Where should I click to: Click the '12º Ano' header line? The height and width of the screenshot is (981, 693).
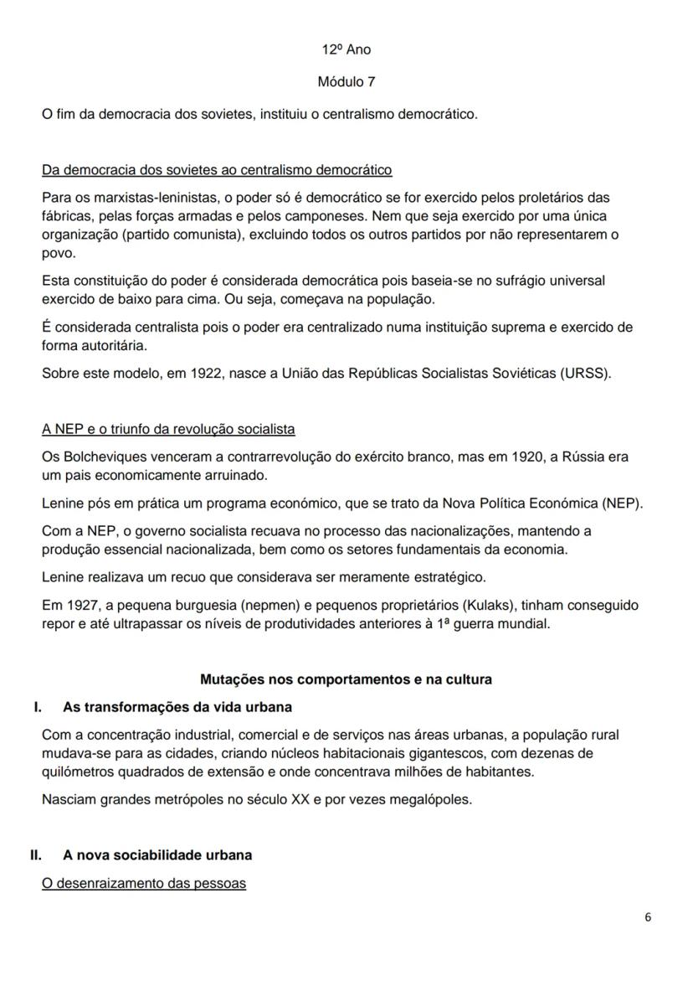(346, 49)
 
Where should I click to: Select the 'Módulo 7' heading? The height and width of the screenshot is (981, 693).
(346, 82)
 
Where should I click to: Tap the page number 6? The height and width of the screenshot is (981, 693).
(648, 916)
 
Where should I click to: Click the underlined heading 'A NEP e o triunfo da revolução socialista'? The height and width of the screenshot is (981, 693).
(168, 430)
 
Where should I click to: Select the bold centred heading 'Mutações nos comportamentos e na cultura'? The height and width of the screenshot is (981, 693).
(346, 679)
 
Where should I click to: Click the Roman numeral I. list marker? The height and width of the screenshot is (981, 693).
(38, 707)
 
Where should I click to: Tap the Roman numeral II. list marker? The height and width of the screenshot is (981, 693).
(36, 855)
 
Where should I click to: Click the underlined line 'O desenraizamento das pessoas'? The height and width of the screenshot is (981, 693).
(144, 883)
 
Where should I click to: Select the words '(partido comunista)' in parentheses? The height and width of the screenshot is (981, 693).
(181, 235)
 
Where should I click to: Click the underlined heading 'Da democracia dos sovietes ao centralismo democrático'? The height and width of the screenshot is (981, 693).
(217, 170)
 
